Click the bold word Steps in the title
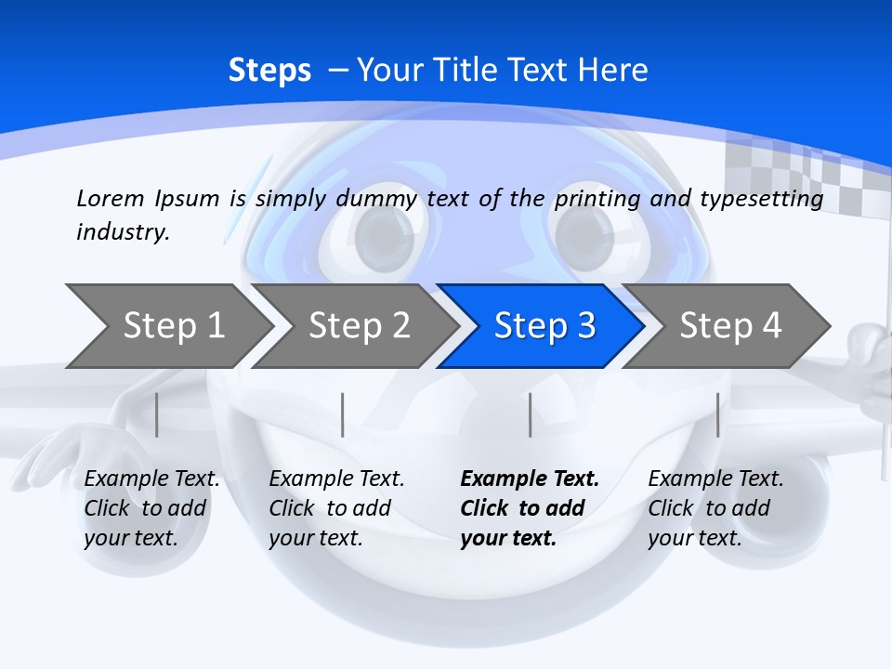click(269, 71)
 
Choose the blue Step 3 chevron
click(544, 326)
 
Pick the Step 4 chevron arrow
click(729, 326)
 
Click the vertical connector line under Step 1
click(157, 414)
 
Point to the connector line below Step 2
click(343, 414)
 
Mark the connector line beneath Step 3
click(531, 414)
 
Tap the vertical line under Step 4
click(717, 414)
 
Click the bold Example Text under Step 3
click(530, 479)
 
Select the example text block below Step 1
click(151, 508)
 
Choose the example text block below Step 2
click(336, 508)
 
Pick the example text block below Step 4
click(715, 508)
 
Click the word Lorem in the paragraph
click(111, 198)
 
